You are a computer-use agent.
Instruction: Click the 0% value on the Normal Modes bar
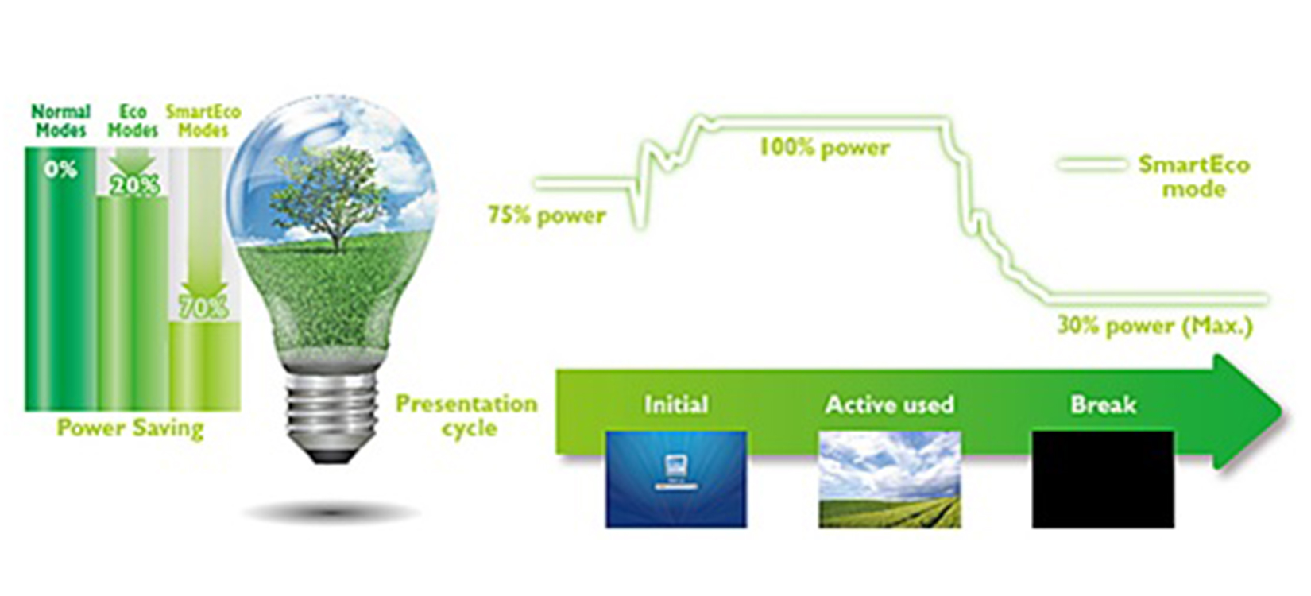(x=60, y=170)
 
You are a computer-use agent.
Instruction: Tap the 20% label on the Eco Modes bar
(x=134, y=186)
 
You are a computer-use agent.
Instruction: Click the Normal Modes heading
(x=61, y=120)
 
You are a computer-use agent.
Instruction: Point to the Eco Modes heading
(x=133, y=120)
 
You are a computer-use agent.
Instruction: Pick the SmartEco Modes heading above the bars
(x=203, y=120)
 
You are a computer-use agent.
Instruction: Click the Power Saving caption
(x=130, y=428)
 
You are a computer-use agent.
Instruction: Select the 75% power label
(x=547, y=215)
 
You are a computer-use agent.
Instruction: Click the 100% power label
(x=825, y=148)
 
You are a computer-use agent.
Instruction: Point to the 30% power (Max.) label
(x=1154, y=326)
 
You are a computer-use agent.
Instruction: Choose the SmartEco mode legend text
(x=1194, y=176)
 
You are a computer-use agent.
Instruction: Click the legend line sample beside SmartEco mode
(x=1092, y=165)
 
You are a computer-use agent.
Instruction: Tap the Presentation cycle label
(x=467, y=416)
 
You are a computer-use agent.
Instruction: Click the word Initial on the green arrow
(x=677, y=404)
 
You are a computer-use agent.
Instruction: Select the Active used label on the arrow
(x=890, y=404)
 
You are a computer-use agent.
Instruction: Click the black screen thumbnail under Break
(x=1104, y=479)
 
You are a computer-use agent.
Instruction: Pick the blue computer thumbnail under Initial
(x=677, y=479)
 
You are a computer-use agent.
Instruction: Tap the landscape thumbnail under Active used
(x=890, y=479)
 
